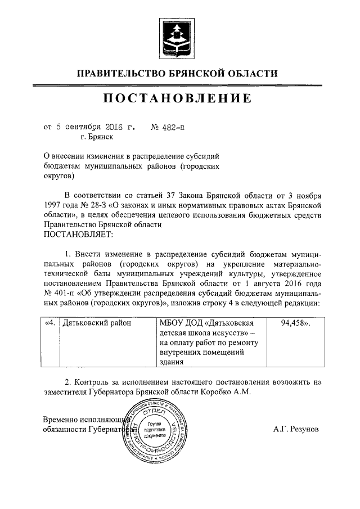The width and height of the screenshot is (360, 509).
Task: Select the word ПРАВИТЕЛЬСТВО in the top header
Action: pos(120,73)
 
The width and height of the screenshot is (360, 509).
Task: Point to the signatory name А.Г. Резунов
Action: pos(296,429)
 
